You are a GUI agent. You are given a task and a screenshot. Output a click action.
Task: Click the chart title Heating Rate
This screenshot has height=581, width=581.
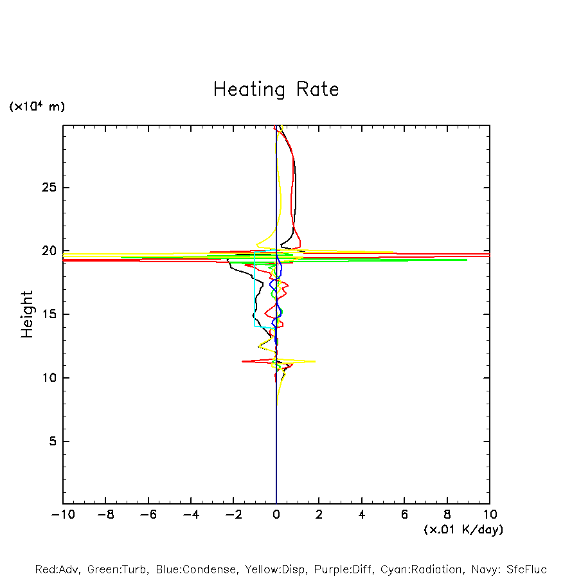point(276,89)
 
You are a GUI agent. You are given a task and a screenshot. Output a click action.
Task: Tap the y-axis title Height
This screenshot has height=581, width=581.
point(27,314)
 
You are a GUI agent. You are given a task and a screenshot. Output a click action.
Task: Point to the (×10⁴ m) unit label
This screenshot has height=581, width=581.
point(37,107)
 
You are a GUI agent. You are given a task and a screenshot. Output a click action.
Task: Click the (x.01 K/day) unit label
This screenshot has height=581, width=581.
point(463,530)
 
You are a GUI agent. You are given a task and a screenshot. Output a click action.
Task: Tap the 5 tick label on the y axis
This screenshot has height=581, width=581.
point(46,442)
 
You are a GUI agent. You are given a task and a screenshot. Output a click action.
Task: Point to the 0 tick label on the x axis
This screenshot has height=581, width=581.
point(276,515)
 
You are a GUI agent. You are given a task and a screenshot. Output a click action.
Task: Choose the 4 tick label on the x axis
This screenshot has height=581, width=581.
point(362,515)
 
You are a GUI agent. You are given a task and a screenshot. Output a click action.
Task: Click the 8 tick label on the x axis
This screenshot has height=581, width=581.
point(447,515)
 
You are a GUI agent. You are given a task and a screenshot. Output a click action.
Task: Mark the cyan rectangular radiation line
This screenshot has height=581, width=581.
point(255,289)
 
